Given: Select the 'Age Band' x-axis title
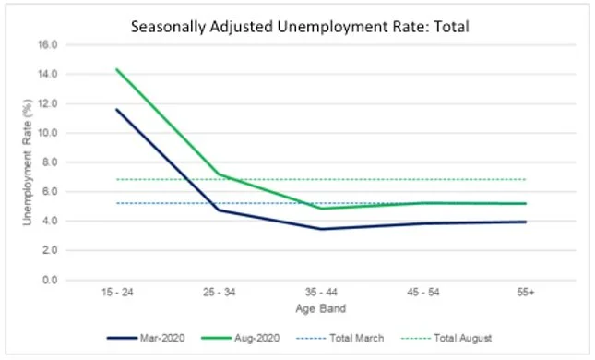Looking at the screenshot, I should (x=320, y=307).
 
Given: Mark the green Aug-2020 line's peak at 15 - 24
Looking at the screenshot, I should (x=116, y=68).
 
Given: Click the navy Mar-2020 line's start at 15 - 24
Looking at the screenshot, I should (x=116, y=109).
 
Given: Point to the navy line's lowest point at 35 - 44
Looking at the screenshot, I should (x=320, y=229).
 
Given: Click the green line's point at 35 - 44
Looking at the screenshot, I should (x=320, y=209).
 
